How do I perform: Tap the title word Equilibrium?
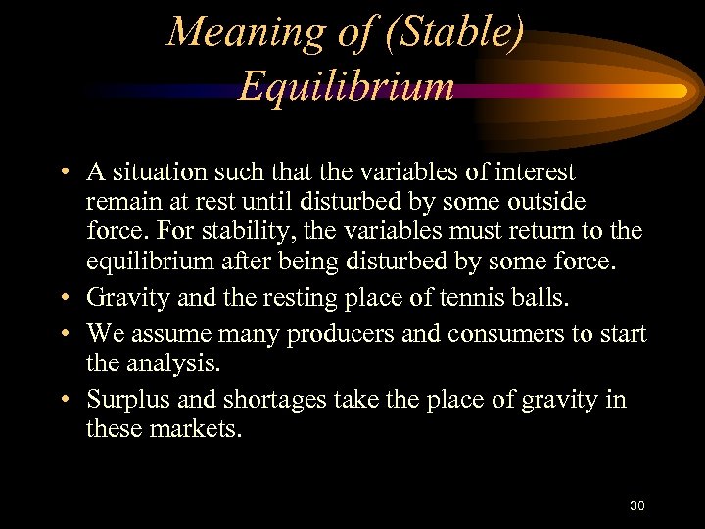coord(347,86)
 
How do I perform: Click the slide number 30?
coord(636,505)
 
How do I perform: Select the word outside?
coord(548,202)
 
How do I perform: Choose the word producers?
coord(329,334)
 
